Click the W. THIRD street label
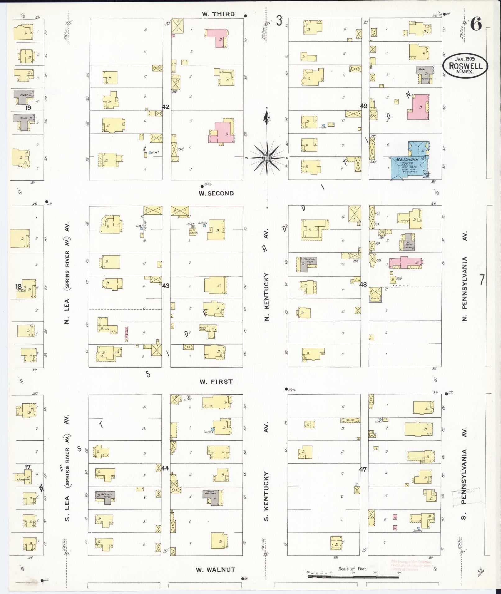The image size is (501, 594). click(x=218, y=14)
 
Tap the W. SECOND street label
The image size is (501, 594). click(x=216, y=193)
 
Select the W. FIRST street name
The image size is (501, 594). click(x=216, y=382)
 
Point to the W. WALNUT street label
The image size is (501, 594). click(x=215, y=569)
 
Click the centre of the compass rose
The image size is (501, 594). click(x=266, y=158)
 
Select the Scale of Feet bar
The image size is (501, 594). click(x=353, y=577)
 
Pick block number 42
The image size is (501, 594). click(x=166, y=107)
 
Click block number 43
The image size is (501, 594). click(x=166, y=285)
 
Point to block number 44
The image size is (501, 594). click(x=165, y=468)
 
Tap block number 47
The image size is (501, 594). click(x=363, y=469)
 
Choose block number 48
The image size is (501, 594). click(x=363, y=284)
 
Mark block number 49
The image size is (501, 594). click(x=364, y=106)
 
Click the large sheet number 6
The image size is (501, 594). click(x=476, y=24)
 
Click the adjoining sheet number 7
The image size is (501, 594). click(x=481, y=280)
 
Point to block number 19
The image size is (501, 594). click(x=28, y=108)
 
